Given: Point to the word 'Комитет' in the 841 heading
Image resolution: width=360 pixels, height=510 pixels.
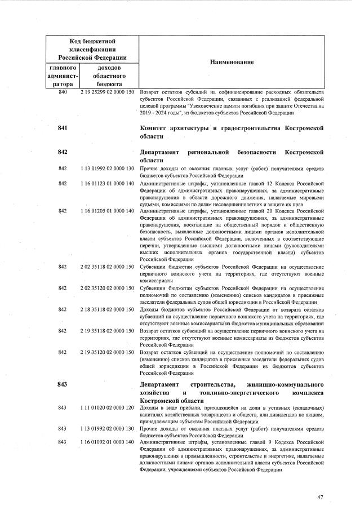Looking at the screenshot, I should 155,128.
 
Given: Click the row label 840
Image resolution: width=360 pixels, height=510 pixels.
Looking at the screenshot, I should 63,92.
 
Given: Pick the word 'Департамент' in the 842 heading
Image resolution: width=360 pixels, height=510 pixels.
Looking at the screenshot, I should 159,152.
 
